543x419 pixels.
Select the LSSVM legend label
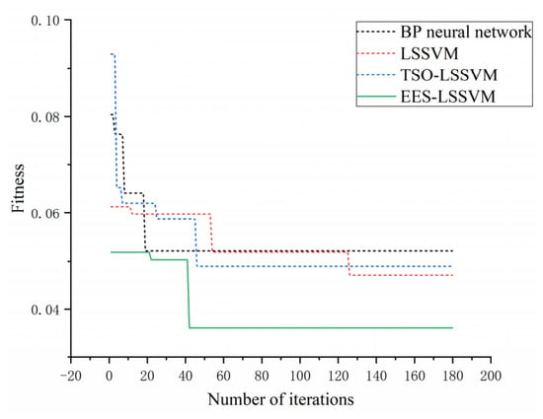click(x=429, y=53)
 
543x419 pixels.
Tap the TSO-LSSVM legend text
click(x=449, y=75)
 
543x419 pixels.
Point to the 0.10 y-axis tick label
click(x=45, y=21)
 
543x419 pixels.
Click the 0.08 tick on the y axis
click(x=45, y=117)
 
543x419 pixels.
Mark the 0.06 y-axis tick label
click(x=45, y=213)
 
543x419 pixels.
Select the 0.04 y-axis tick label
click(x=45, y=310)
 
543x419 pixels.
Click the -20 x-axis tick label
click(x=71, y=376)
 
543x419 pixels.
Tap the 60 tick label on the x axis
click(x=223, y=376)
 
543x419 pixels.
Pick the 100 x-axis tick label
click(x=299, y=376)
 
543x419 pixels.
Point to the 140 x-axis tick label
click(x=376, y=376)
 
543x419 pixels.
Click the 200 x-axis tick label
click(x=491, y=376)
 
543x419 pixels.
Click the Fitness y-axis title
click(x=18, y=188)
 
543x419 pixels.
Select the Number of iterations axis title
click(x=280, y=399)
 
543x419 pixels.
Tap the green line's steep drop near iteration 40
click(x=189, y=294)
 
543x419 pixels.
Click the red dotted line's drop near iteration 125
click(x=349, y=263)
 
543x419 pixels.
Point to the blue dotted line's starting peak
click(x=113, y=54)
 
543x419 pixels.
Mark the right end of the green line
click(x=452, y=327)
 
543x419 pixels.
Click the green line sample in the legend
click(x=376, y=97)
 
